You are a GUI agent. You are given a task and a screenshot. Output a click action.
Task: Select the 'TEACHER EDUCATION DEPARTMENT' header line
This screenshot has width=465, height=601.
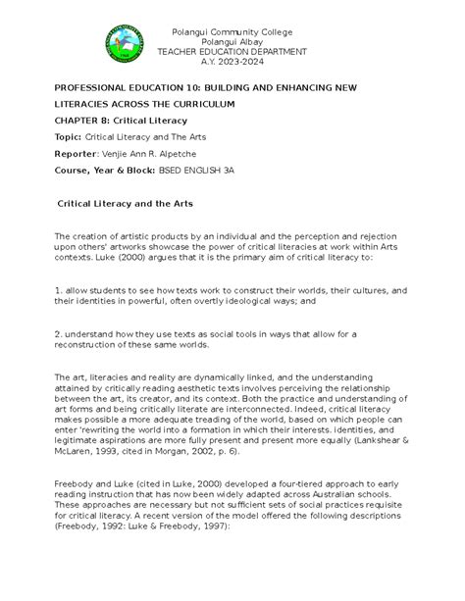tap(232, 49)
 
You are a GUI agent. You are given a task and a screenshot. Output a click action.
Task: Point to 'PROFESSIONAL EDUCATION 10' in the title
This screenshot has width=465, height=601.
tap(137, 87)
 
